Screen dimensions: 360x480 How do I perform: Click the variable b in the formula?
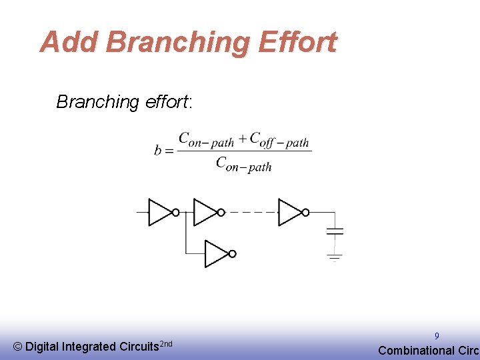point(158,151)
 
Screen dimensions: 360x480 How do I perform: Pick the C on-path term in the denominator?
point(243,164)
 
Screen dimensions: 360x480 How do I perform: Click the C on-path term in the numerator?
point(206,140)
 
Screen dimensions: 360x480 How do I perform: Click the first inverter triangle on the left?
point(161,212)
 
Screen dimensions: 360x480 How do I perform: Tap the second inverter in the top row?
point(206,212)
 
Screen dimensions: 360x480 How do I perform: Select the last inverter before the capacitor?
point(291,212)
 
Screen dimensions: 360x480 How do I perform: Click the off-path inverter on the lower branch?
point(217,253)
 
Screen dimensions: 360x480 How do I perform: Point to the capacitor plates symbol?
point(334,231)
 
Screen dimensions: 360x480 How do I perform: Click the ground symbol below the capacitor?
point(334,257)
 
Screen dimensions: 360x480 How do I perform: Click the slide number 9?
point(437,336)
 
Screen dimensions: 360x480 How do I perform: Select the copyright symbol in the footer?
point(18,347)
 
